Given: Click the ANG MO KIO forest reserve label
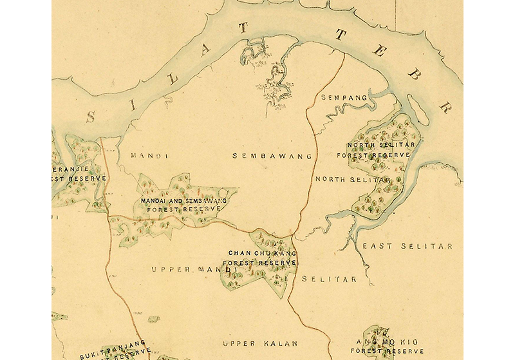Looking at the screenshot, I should [x=386, y=346].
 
